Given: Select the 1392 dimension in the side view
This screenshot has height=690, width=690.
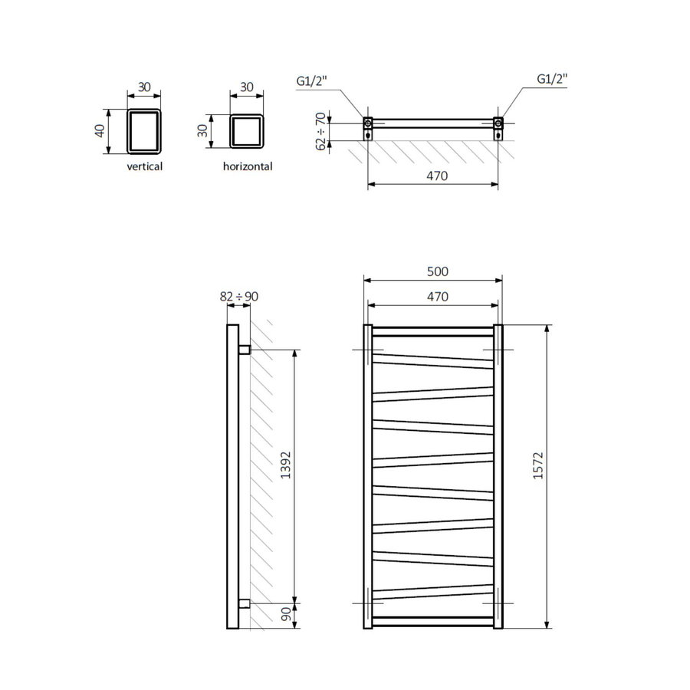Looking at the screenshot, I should pyautogui.click(x=286, y=475).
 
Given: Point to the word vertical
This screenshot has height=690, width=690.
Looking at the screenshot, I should pyautogui.click(x=145, y=166).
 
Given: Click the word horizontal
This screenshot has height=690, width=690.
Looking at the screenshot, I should pyautogui.click(x=248, y=166).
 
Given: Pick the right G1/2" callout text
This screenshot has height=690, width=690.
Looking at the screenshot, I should pyautogui.click(x=551, y=79).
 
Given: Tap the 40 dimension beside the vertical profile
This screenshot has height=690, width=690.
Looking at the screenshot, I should pyautogui.click(x=98, y=130).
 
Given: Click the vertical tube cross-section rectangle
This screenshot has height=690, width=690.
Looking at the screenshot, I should pyautogui.click(x=144, y=130).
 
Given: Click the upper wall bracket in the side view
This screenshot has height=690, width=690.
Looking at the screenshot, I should pyautogui.click(x=245, y=350).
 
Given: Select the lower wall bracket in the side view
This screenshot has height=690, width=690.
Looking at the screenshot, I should pyautogui.click(x=245, y=603).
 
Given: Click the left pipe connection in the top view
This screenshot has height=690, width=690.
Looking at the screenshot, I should pyautogui.click(x=368, y=123).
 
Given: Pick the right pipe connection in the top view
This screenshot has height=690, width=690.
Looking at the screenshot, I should pyautogui.click(x=498, y=123).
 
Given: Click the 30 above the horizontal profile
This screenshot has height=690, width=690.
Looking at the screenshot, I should pyautogui.click(x=247, y=87).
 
